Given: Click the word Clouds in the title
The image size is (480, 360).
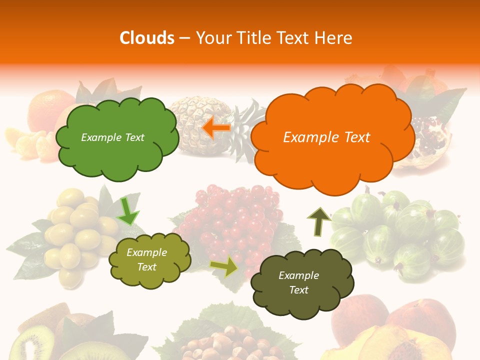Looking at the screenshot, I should point(147,38).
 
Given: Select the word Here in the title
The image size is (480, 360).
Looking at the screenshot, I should point(334,38).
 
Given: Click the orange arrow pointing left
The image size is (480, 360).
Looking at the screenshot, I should point(216,128).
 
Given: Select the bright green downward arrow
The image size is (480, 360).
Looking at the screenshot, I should point(127,211).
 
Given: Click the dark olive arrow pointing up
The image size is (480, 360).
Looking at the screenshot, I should point(318,221).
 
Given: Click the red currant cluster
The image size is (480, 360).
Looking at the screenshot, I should point(230,220).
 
